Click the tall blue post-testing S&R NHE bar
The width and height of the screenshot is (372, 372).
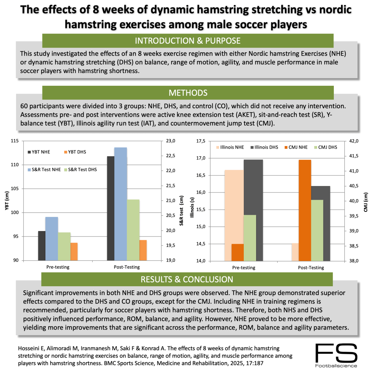coord(121,204)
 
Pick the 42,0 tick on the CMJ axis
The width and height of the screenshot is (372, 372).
coord(355,141)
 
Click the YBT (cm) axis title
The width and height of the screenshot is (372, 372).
coord(6,201)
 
